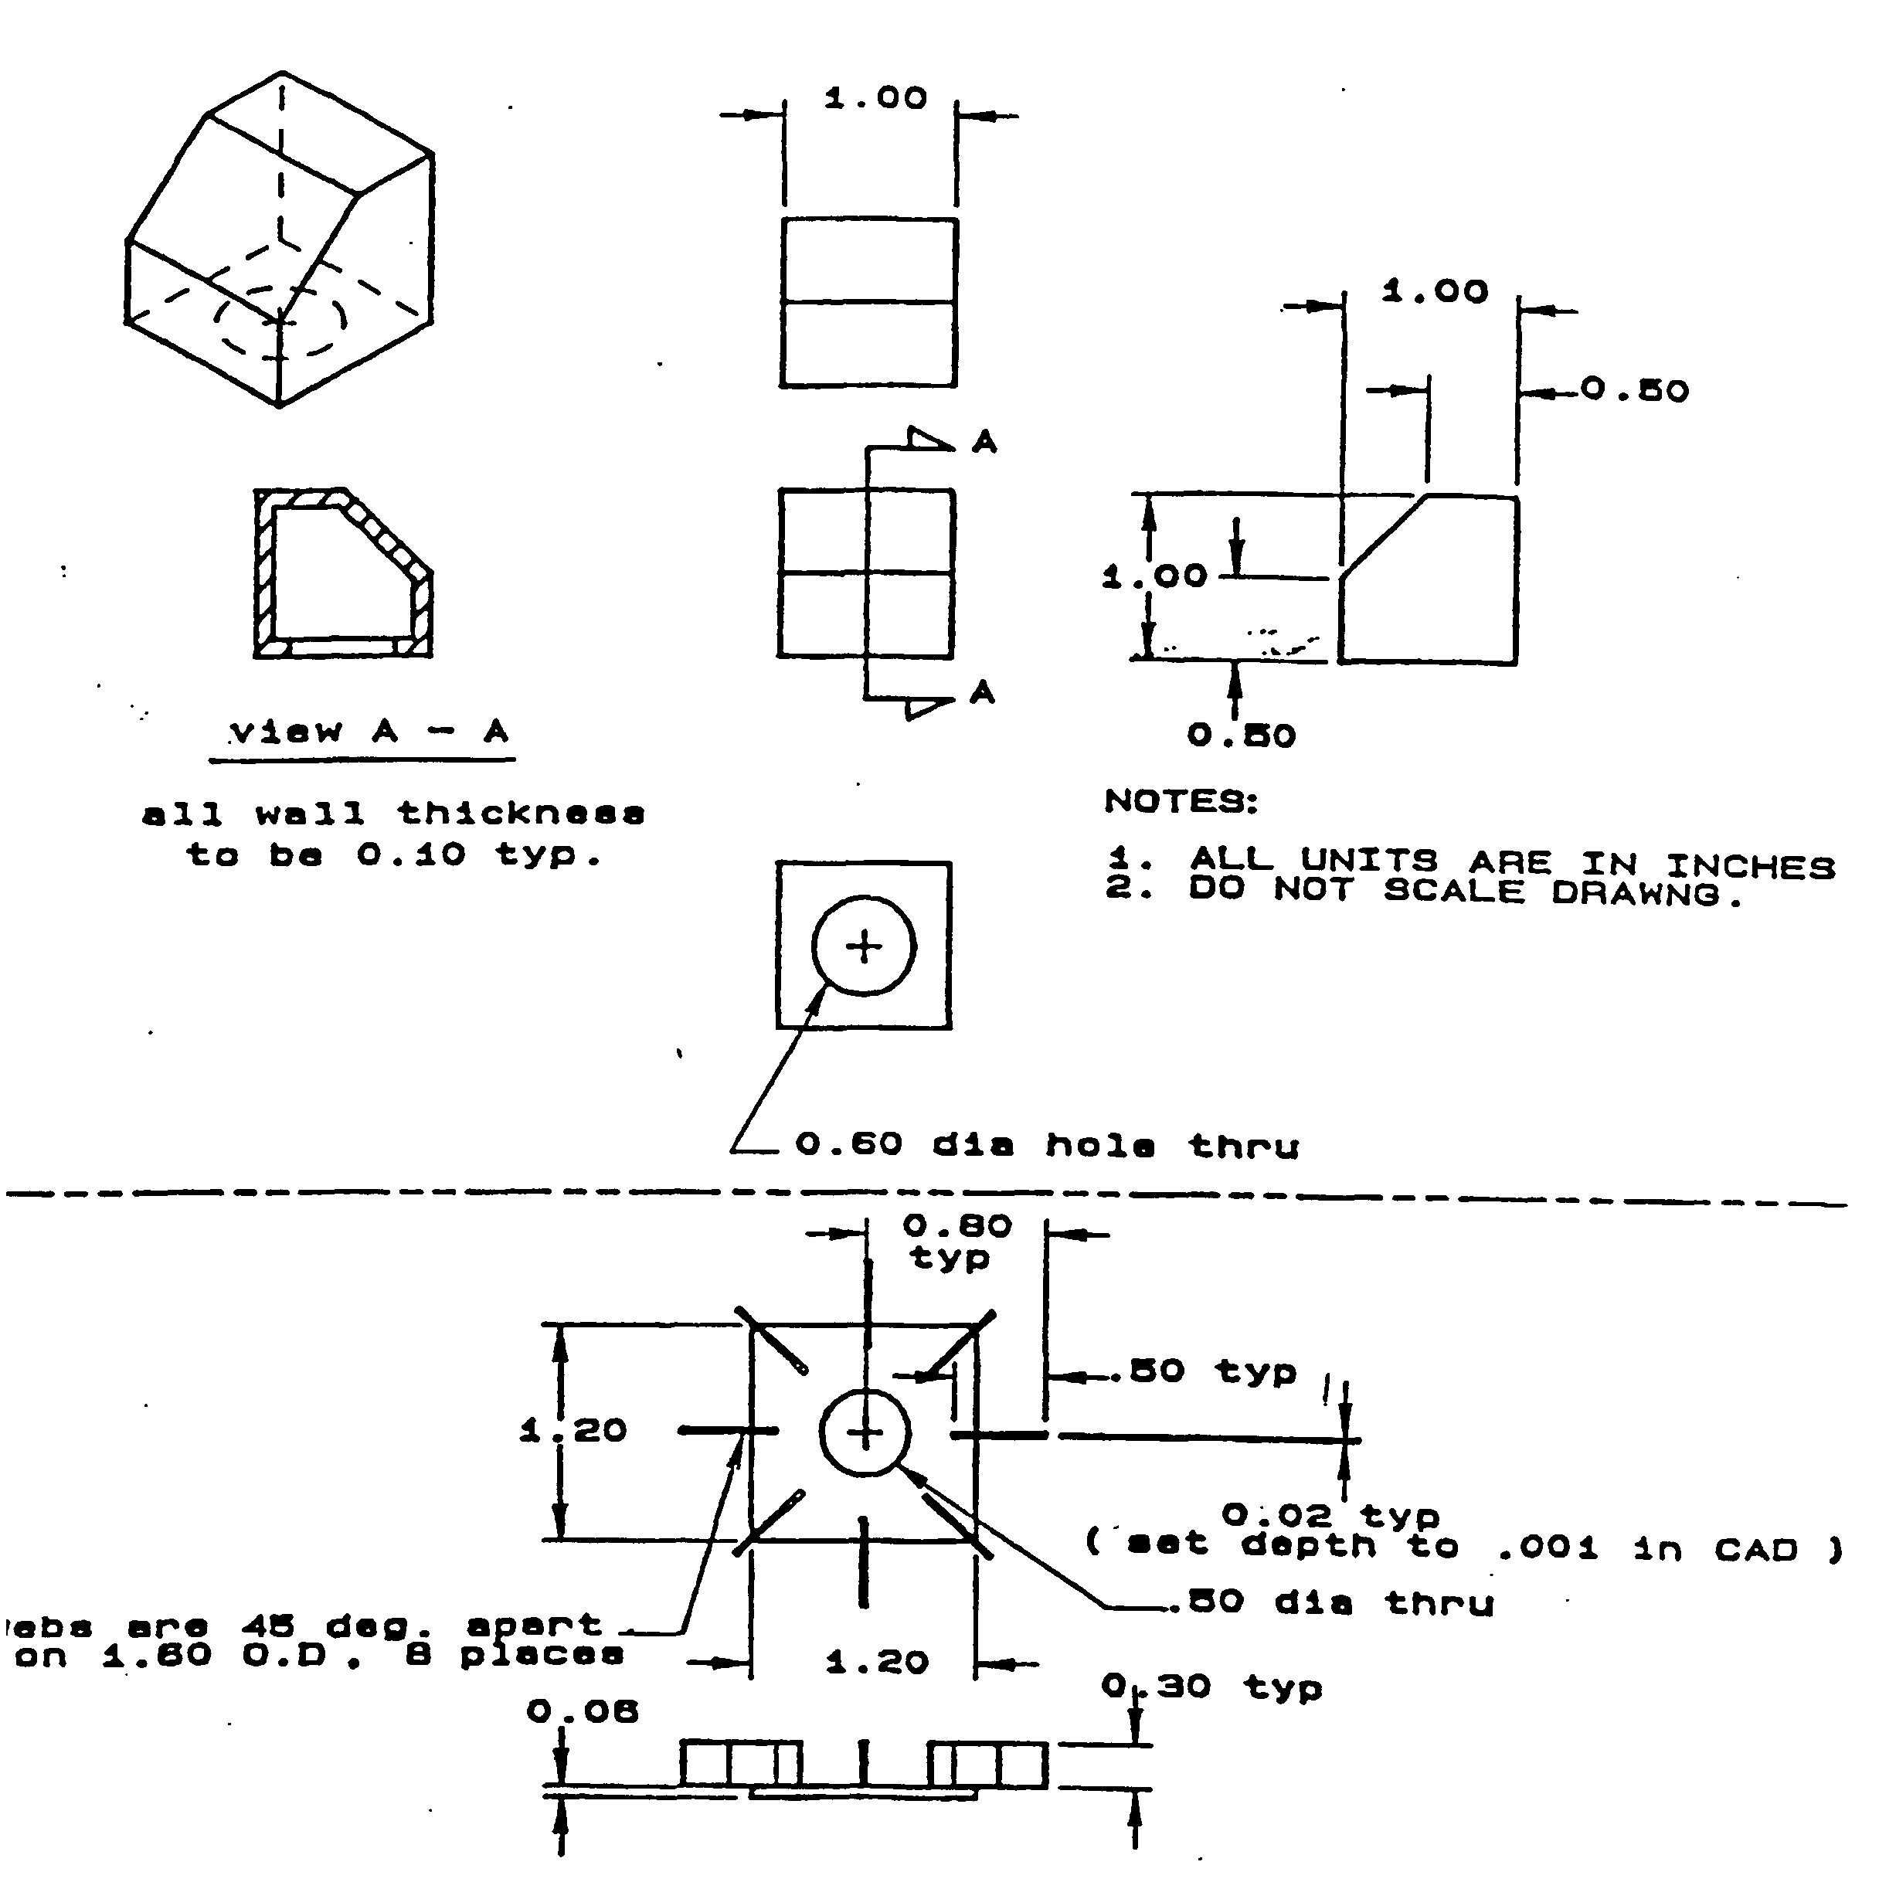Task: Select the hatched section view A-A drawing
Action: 343,573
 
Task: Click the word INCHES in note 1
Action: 1749,866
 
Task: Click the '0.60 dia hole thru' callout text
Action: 1046,1145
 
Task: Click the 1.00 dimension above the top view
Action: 875,99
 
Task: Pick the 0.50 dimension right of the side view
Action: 1635,391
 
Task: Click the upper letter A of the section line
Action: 984,443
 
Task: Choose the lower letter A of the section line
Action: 983,693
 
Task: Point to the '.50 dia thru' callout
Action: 1340,1602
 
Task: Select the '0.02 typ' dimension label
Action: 1330,1516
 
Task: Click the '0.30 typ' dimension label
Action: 1211,1687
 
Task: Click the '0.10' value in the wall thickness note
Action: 410,855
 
